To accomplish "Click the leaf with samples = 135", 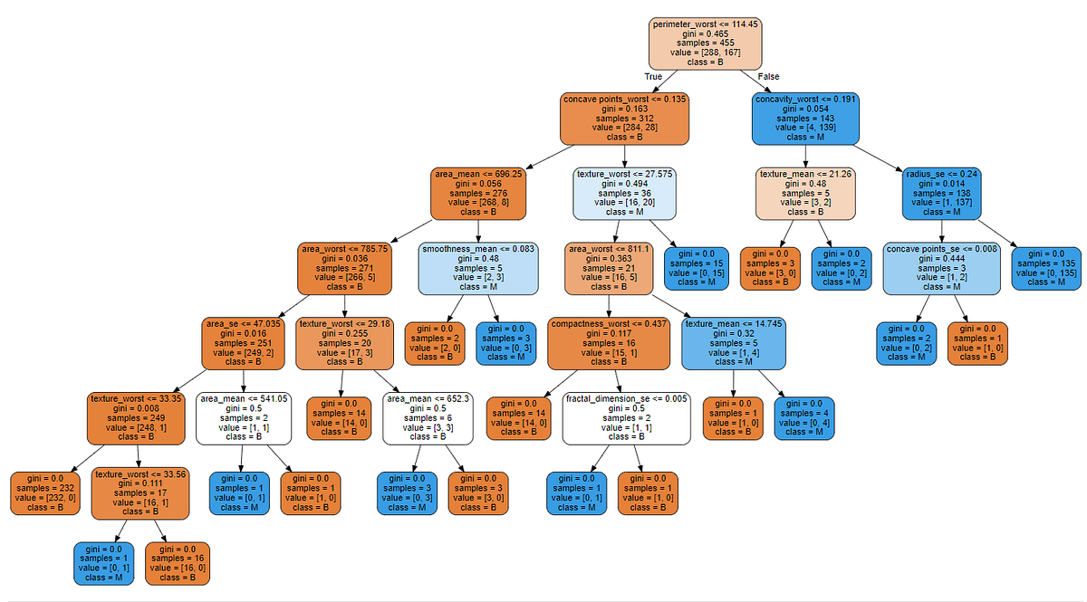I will [1046, 269].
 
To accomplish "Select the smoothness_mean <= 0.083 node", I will [478, 269].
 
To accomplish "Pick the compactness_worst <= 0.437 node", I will [607, 343].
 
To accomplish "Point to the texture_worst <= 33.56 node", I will [139, 494].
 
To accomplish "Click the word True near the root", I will [654, 77].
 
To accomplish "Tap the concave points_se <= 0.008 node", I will [942, 269].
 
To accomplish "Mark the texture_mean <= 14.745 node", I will [733, 343].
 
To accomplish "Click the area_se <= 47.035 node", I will [244, 343].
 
